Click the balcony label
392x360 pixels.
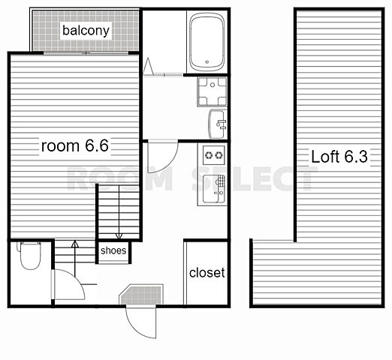click(x=86, y=31)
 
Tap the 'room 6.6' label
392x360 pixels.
click(x=75, y=145)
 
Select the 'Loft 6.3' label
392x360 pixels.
click(x=339, y=157)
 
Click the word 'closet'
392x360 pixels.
click(x=207, y=272)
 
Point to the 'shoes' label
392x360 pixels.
click(x=113, y=250)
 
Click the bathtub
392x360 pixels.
click(x=207, y=42)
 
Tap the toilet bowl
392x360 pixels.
click(x=30, y=256)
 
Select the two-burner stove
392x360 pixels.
click(x=213, y=155)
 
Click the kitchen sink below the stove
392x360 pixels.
click(x=213, y=189)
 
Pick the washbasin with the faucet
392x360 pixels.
click(x=217, y=124)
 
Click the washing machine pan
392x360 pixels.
click(x=212, y=91)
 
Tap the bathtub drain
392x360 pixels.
click(x=207, y=62)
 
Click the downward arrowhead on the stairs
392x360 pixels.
click(x=119, y=236)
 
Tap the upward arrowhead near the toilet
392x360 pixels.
click(x=75, y=244)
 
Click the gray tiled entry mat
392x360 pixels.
click(x=142, y=295)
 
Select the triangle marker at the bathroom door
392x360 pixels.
click(x=148, y=66)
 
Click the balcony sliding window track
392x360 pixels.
click(x=86, y=53)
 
